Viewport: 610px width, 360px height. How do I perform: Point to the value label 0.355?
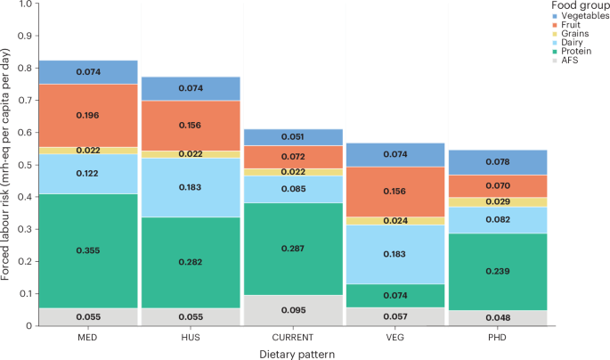coord(88,251)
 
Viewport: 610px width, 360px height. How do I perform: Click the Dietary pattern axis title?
coord(293,353)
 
